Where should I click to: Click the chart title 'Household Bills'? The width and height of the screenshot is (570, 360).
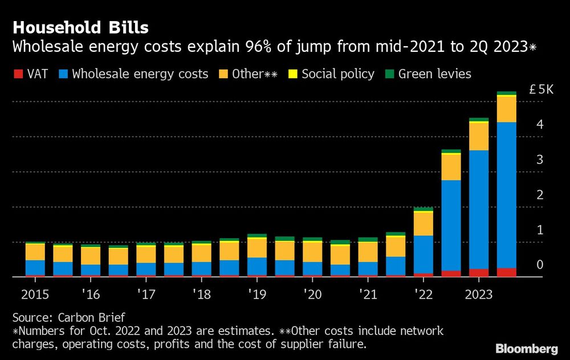tap(81, 27)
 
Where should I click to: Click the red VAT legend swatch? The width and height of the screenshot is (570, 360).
tap(17, 74)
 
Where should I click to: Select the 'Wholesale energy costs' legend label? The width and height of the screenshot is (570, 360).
tap(140, 74)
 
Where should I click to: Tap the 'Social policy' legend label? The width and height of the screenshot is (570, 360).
tap(338, 74)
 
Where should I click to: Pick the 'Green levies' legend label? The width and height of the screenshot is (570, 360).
tap(435, 74)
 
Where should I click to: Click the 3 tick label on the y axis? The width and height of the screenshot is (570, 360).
tap(539, 159)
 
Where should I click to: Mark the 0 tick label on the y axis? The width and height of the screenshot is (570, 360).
tap(539, 265)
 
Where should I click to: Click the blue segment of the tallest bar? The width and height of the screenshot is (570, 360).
tap(506, 194)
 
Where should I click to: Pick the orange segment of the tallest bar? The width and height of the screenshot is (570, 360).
tap(506, 109)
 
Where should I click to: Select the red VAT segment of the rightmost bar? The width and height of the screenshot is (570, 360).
tap(506, 272)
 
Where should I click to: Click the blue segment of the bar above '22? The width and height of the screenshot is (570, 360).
tap(423, 253)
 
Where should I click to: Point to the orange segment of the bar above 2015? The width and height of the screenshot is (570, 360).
tap(35, 252)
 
